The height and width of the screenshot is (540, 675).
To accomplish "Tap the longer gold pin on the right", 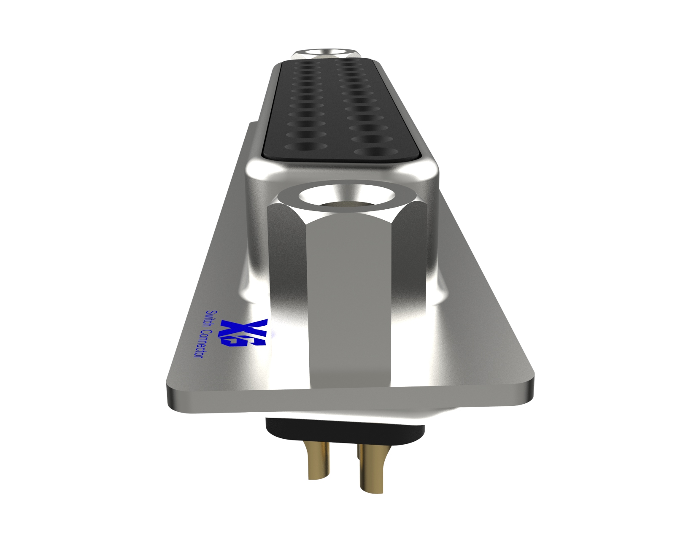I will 372,468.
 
